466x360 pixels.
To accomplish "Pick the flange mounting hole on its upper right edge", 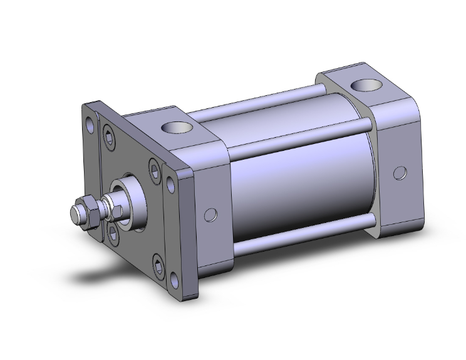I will click(170, 183).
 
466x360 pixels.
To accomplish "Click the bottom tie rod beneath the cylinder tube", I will click(301, 234).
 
